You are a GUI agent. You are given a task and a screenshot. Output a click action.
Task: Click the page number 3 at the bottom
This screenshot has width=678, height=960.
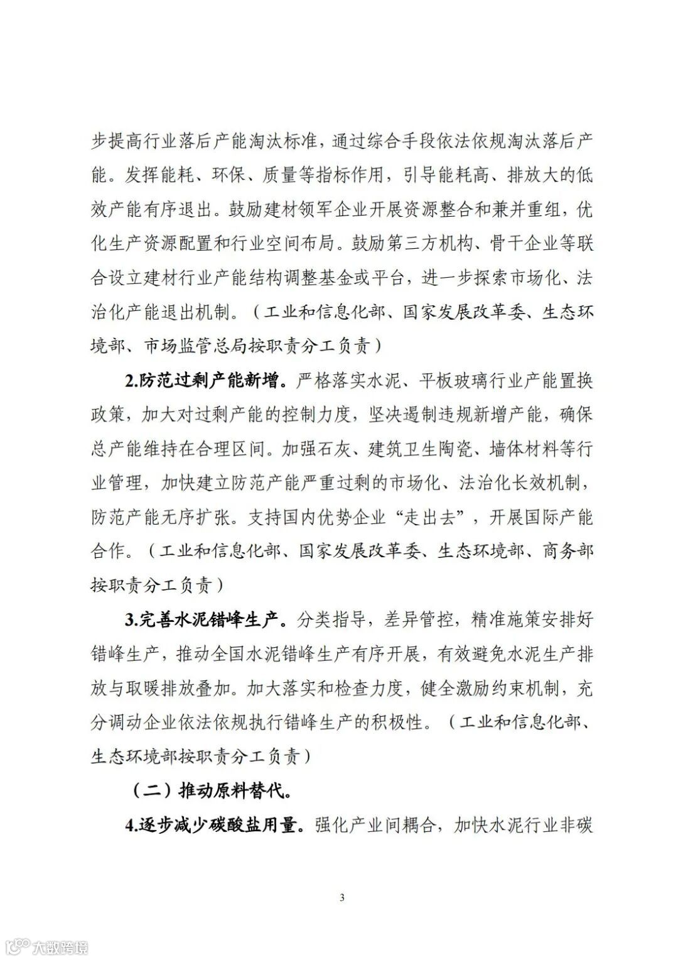[342, 897]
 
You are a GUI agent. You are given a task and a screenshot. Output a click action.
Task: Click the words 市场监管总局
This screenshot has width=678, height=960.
[196, 346]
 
